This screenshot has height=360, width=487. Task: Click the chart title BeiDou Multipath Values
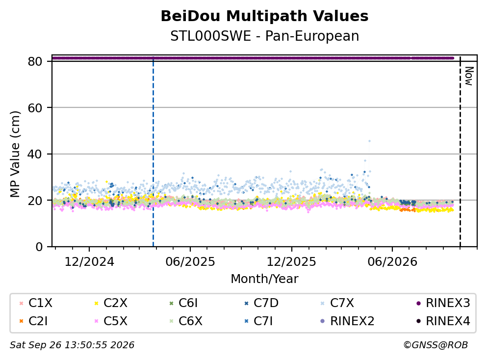point(264,16)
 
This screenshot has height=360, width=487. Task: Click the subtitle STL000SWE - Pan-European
point(264,36)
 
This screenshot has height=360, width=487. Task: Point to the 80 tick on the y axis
point(35,61)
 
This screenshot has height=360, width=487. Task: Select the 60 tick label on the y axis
point(35,108)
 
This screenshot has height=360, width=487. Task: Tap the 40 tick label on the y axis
point(35,154)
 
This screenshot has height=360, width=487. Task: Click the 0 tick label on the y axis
point(39,247)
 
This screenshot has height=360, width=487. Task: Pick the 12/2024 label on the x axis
point(89,262)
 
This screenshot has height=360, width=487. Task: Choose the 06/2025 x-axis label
point(190,262)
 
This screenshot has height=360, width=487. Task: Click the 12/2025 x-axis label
point(291,262)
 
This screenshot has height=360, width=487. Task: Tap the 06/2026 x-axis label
point(392,262)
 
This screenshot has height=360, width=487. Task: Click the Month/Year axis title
point(264,279)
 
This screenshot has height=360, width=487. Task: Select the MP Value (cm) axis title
point(15,154)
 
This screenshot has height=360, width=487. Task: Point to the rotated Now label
point(468,76)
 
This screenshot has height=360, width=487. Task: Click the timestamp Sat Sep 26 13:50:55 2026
point(72,345)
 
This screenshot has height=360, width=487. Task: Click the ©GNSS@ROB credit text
point(436,345)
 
